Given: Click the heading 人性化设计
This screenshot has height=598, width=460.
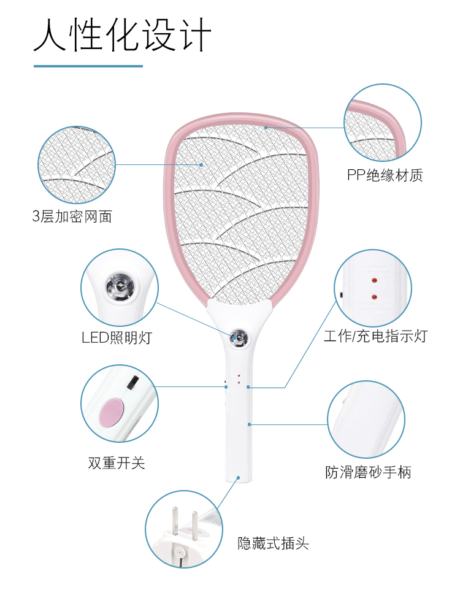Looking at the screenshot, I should pyautogui.click(x=123, y=35).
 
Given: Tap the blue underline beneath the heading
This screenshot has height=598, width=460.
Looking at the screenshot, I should pyautogui.click(x=88, y=66).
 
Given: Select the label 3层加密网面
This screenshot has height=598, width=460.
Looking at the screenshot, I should pyautogui.click(x=72, y=217).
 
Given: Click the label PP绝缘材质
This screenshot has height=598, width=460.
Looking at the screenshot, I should pyautogui.click(x=385, y=176).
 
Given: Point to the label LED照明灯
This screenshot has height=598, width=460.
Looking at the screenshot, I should pyautogui.click(x=117, y=337).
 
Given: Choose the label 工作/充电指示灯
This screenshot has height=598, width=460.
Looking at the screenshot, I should pyautogui.click(x=375, y=335).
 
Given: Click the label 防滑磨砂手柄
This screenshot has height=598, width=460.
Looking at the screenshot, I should pyautogui.click(x=368, y=472).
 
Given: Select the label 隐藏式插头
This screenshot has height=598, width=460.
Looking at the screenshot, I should pyautogui.click(x=274, y=543).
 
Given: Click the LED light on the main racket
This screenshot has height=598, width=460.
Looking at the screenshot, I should pyautogui.click(x=238, y=336).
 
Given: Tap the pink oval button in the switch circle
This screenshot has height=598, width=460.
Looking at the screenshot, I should pyautogui.click(x=111, y=412).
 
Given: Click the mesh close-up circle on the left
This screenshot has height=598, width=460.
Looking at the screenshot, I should pyautogui.click(x=77, y=164).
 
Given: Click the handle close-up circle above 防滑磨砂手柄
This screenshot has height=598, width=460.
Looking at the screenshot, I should pyautogui.click(x=366, y=419).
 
